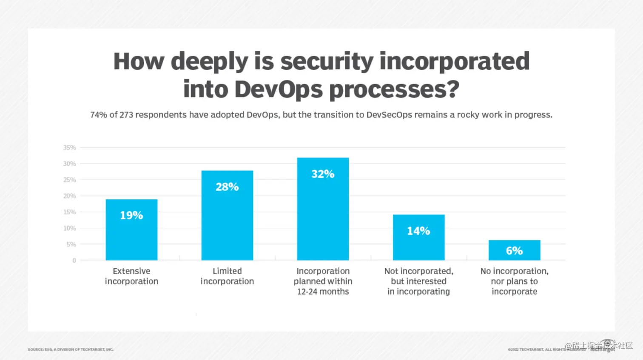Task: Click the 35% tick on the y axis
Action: click(70, 147)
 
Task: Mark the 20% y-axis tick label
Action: click(70, 196)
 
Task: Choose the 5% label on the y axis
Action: click(71, 244)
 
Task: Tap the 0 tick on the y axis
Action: click(74, 260)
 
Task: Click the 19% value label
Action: click(131, 215)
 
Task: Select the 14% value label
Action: click(418, 231)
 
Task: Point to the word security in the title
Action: click(327, 61)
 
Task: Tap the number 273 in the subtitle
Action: click(126, 115)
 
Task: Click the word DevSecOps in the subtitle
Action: click(389, 115)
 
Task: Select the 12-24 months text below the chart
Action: click(323, 292)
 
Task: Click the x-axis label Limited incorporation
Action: click(227, 276)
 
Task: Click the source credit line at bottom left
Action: click(71, 349)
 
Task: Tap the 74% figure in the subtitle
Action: click(98, 115)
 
